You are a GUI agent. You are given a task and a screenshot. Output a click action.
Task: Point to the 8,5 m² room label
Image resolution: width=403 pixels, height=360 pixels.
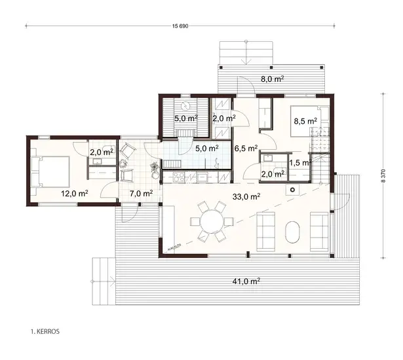point(305,121)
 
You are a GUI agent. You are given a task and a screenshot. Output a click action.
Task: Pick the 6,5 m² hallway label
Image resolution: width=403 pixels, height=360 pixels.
point(246,148)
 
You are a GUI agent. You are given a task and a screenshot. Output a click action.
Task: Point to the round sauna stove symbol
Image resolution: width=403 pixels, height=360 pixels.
point(186,105)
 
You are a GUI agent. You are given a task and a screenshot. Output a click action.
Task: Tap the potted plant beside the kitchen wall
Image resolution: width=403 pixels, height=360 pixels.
point(154,168)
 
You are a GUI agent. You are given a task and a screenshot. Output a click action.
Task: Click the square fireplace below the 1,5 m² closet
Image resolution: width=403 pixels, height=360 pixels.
point(292,188)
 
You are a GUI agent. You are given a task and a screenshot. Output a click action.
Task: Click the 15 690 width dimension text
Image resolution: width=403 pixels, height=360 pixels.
point(182,26)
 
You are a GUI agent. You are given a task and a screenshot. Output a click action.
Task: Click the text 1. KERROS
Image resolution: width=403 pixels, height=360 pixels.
point(45,332)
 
